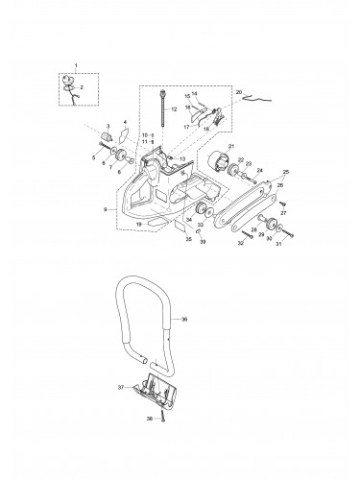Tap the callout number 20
click(239, 92)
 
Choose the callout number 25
click(284, 172)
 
